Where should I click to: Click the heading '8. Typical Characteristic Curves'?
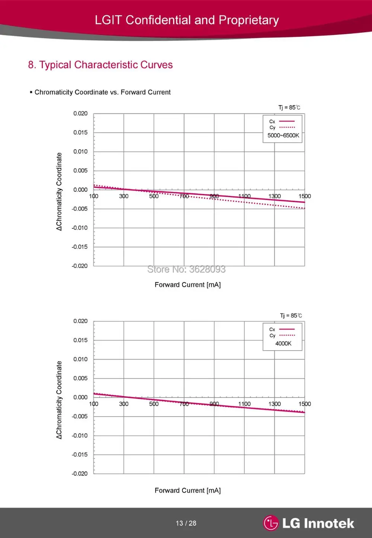point(100,65)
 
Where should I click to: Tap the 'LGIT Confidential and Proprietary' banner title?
point(187,20)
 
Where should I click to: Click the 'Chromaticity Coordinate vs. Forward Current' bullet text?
point(102,92)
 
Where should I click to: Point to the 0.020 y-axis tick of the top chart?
point(80,113)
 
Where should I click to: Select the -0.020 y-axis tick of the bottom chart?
point(80,474)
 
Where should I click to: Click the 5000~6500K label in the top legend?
point(283,136)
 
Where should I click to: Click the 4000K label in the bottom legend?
point(283,344)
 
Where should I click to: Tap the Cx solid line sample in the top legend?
point(287,121)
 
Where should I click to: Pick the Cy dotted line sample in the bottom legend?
point(287,335)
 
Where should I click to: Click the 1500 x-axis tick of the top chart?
point(305,196)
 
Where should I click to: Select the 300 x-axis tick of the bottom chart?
point(124,404)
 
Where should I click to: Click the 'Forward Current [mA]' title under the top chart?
point(187,285)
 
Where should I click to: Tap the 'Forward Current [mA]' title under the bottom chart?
point(187,490)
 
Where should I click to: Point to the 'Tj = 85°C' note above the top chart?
point(289,107)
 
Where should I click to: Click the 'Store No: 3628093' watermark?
point(186,269)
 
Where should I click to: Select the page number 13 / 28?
point(186,523)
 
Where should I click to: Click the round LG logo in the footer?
point(271,523)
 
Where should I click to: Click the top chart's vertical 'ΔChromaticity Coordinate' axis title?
point(59,192)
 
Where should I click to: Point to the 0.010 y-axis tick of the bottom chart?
point(80,359)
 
